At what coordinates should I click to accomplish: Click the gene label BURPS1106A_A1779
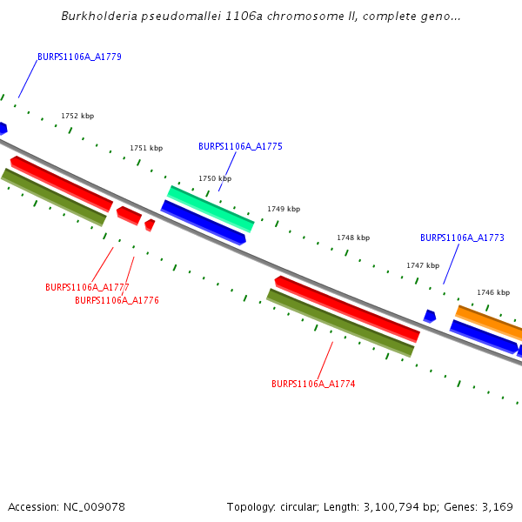(79, 57)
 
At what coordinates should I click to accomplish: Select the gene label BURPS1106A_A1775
(240, 146)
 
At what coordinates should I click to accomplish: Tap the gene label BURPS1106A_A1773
(462, 238)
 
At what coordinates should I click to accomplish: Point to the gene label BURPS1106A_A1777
(87, 287)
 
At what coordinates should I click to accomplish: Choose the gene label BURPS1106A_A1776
(117, 300)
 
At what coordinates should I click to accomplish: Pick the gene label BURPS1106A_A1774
(313, 384)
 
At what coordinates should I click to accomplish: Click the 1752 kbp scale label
(77, 116)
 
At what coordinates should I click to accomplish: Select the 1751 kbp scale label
(146, 148)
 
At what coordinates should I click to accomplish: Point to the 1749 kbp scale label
(284, 209)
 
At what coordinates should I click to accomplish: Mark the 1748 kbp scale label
(353, 238)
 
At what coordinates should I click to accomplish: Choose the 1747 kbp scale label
(423, 265)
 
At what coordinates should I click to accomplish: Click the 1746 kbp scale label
(492, 292)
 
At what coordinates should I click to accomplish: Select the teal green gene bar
(211, 209)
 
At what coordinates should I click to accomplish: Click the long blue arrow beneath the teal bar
(203, 222)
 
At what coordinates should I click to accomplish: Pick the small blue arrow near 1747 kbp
(430, 316)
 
